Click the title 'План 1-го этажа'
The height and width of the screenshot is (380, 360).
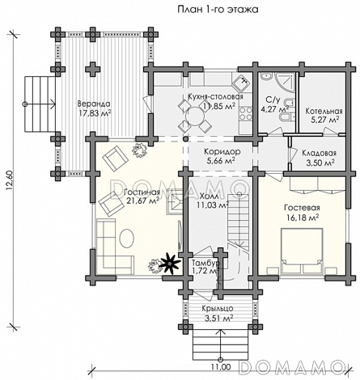[218, 10]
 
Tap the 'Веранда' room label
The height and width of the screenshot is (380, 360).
[94, 103]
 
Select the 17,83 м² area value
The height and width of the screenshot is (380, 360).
[95, 113]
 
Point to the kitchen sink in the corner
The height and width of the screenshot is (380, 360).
[242, 83]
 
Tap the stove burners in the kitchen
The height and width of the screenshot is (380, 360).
[246, 113]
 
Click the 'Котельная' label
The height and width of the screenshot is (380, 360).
[324, 111]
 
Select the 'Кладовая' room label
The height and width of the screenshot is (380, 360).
[319, 153]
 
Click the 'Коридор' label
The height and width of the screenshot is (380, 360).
[222, 152]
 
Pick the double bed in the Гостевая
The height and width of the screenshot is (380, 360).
[302, 251]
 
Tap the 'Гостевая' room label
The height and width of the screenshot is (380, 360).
[302, 208]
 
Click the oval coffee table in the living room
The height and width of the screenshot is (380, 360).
[127, 238]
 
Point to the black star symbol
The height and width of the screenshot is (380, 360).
[169, 264]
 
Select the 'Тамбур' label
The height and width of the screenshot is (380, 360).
[205, 263]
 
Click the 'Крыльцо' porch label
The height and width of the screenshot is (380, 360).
[218, 309]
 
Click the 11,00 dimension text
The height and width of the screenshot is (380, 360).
[221, 367]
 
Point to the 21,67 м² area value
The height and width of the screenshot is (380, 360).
[142, 201]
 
